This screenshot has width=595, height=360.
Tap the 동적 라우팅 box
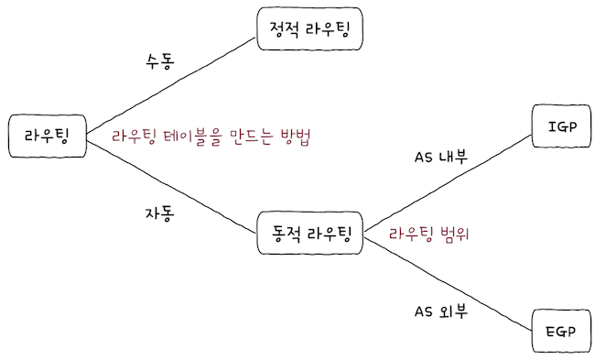(311, 233)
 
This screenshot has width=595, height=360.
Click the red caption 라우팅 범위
(428, 233)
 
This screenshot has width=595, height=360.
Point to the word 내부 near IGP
(453, 158)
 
